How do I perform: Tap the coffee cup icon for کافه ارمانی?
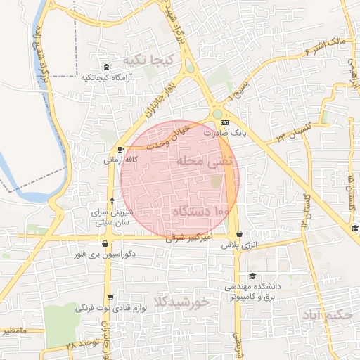[x=120, y=149]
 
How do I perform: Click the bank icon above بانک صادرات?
[x=224, y=122]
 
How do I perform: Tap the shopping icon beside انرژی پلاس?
[x=240, y=234]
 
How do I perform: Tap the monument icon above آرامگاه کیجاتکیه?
[x=106, y=67]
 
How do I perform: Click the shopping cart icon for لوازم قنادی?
[x=111, y=296]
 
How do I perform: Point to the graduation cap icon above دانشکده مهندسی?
[x=252, y=276]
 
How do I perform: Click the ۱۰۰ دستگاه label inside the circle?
[x=201, y=211]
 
